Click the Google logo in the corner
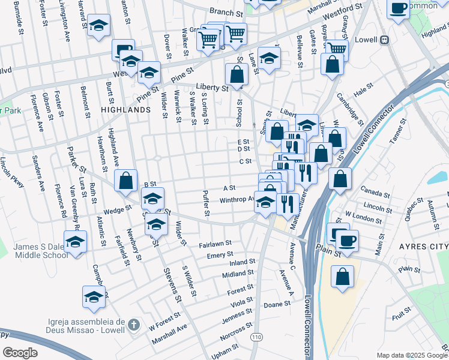tap(20, 352)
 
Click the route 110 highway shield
tap(257, 338)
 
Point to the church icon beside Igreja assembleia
tap(134, 325)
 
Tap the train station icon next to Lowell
tap(385, 40)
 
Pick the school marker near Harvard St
tap(98, 26)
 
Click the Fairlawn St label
tap(215, 245)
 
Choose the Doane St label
tap(277, 305)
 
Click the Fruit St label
tap(402, 313)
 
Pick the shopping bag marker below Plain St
tap(342, 277)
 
